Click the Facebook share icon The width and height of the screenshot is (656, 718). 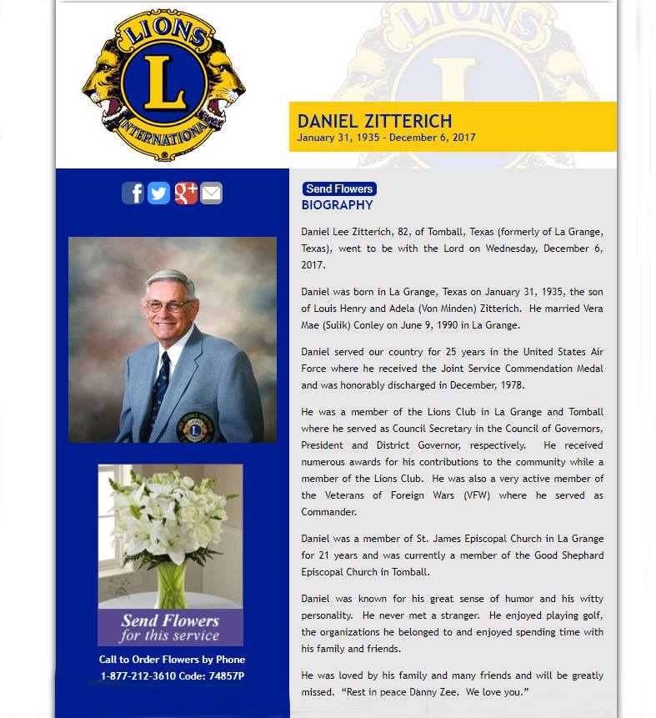coord(133,193)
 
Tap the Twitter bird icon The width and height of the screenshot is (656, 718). coord(159,193)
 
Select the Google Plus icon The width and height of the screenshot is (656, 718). coord(186,193)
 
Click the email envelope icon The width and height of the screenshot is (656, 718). coord(212,193)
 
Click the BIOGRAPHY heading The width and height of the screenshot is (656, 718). coord(337,205)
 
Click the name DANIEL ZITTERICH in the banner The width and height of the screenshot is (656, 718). coord(374,122)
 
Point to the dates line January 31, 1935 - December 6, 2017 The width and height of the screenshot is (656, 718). coord(386,138)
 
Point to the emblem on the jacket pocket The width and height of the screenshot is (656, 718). coord(194,429)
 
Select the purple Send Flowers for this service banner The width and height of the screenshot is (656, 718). coord(170,627)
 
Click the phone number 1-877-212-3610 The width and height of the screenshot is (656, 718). coord(138,676)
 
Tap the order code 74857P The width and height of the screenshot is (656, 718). coord(226,676)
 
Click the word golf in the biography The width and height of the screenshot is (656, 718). coord(588,615)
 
